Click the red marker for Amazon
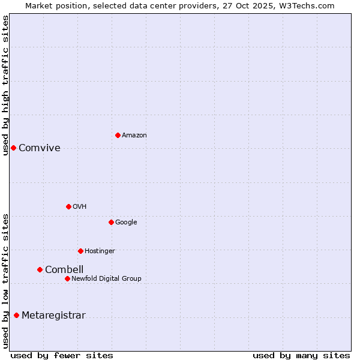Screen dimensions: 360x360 click(x=118, y=135)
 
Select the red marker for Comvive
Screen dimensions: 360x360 click(x=13, y=148)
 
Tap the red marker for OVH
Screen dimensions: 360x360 click(x=68, y=206)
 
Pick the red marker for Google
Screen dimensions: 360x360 click(x=111, y=222)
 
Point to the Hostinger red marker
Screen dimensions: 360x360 click(x=80, y=251)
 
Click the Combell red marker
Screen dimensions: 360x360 click(x=40, y=269)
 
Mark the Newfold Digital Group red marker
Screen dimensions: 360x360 click(x=67, y=278)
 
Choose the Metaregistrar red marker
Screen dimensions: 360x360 click(x=16, y=315)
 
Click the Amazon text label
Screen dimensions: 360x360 click(x=134, y=136)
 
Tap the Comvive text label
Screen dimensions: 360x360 click(x=40, y=148)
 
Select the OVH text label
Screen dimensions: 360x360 click(x=80, y=207)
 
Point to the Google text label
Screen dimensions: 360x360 click(x=126, y=223)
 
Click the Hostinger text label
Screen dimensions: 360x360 click(x=100, y=251)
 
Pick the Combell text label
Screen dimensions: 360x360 click(x=64, y=270)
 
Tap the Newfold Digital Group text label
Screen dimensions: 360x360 click(x=106, y=279)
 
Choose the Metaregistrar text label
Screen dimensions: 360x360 click(x=53, y=316)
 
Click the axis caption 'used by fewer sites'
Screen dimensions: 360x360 click(x=62, y=356)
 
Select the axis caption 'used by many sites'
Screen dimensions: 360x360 click(x=301, y=356)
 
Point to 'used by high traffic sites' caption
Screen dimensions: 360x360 click(x=5, y=85)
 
